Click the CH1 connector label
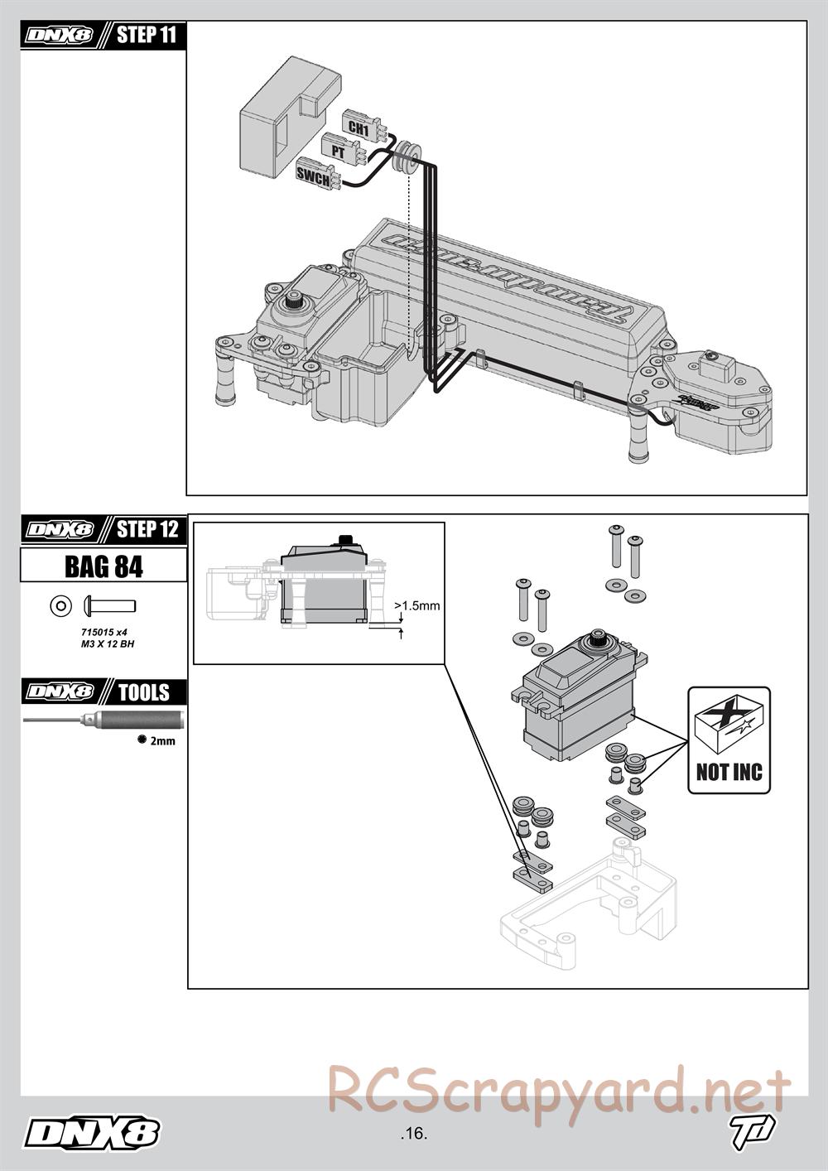pyautogui.click(x=358, y=128)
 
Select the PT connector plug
pyautogui.click(x=341, y=152)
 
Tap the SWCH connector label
pyautogui.click(x=314, y=174)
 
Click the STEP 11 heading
pyautogui.click(x=147, y=36)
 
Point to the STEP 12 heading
pyautogui.click(x=147, y=529)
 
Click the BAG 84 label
pyautogui.click(x=103, y=566)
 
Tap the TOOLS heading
pyautogui.click(x=143, y=692)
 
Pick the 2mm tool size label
pyautogui.click(x=162, y=741)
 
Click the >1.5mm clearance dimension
pyautogui.click(x=417, y=605)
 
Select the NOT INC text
pyautogui.click(x=729, y=773)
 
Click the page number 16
pyautogui.click(x=413, y=1134)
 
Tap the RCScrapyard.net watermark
pyautogui.click(x=559, y=1091)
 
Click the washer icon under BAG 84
pyautogui.click(x=60, y=606)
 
